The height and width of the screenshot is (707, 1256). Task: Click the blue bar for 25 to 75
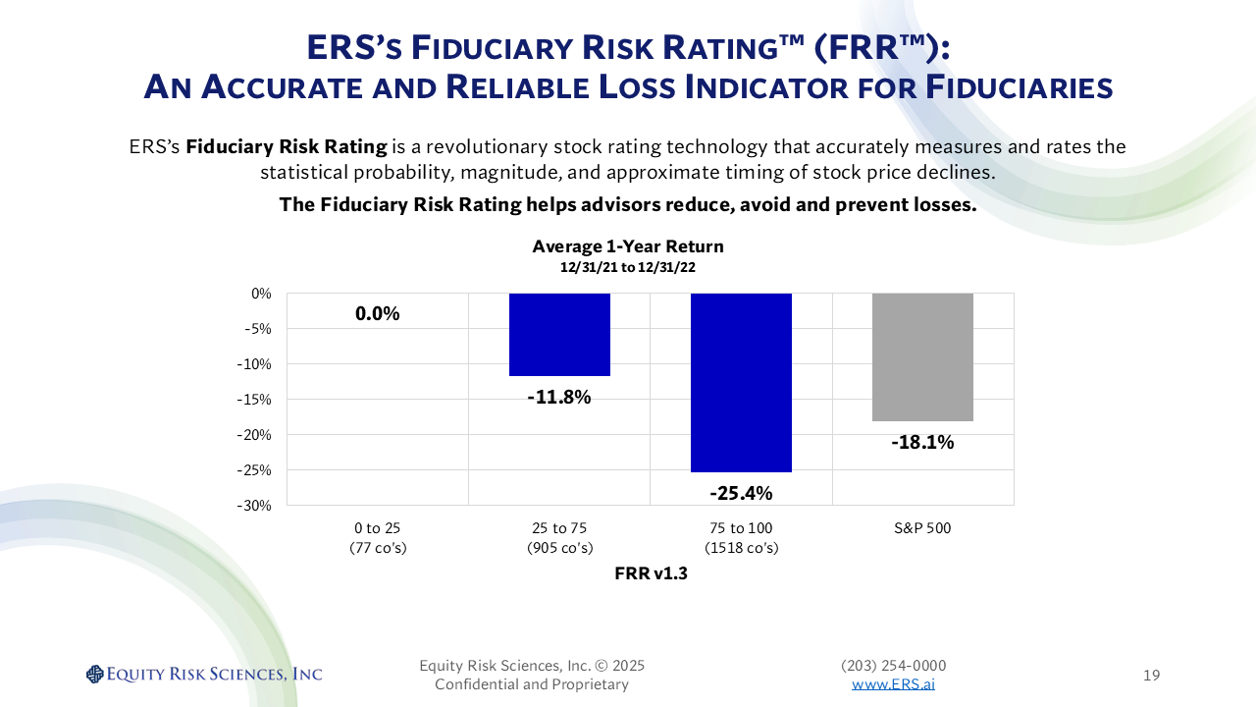(559, 334)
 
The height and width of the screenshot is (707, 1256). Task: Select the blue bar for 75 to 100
(741, 382)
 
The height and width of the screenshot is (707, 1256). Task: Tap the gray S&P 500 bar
(922, 356)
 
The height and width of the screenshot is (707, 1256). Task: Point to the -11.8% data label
(559, 398)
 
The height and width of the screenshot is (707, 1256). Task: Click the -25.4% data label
(741, 492)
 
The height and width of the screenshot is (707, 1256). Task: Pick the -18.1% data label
(922, 442)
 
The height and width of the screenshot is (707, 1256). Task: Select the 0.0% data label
(378, 314)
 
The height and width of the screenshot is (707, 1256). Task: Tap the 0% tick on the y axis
(262, 294)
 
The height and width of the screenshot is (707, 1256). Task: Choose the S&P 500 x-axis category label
(922, 528)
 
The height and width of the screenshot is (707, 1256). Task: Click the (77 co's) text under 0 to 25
(378, 548)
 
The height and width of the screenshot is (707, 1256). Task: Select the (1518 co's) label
(741, 548)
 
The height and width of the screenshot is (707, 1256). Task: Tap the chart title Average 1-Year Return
(628, 246)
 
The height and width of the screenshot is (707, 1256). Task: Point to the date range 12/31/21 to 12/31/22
(628, 267)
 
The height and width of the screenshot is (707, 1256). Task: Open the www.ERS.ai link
(893, 684)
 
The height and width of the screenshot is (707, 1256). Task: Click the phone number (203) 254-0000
(893, 666)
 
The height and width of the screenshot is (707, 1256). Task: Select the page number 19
(1152, 675)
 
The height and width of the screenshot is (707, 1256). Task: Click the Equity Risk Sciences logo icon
(94, 674)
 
